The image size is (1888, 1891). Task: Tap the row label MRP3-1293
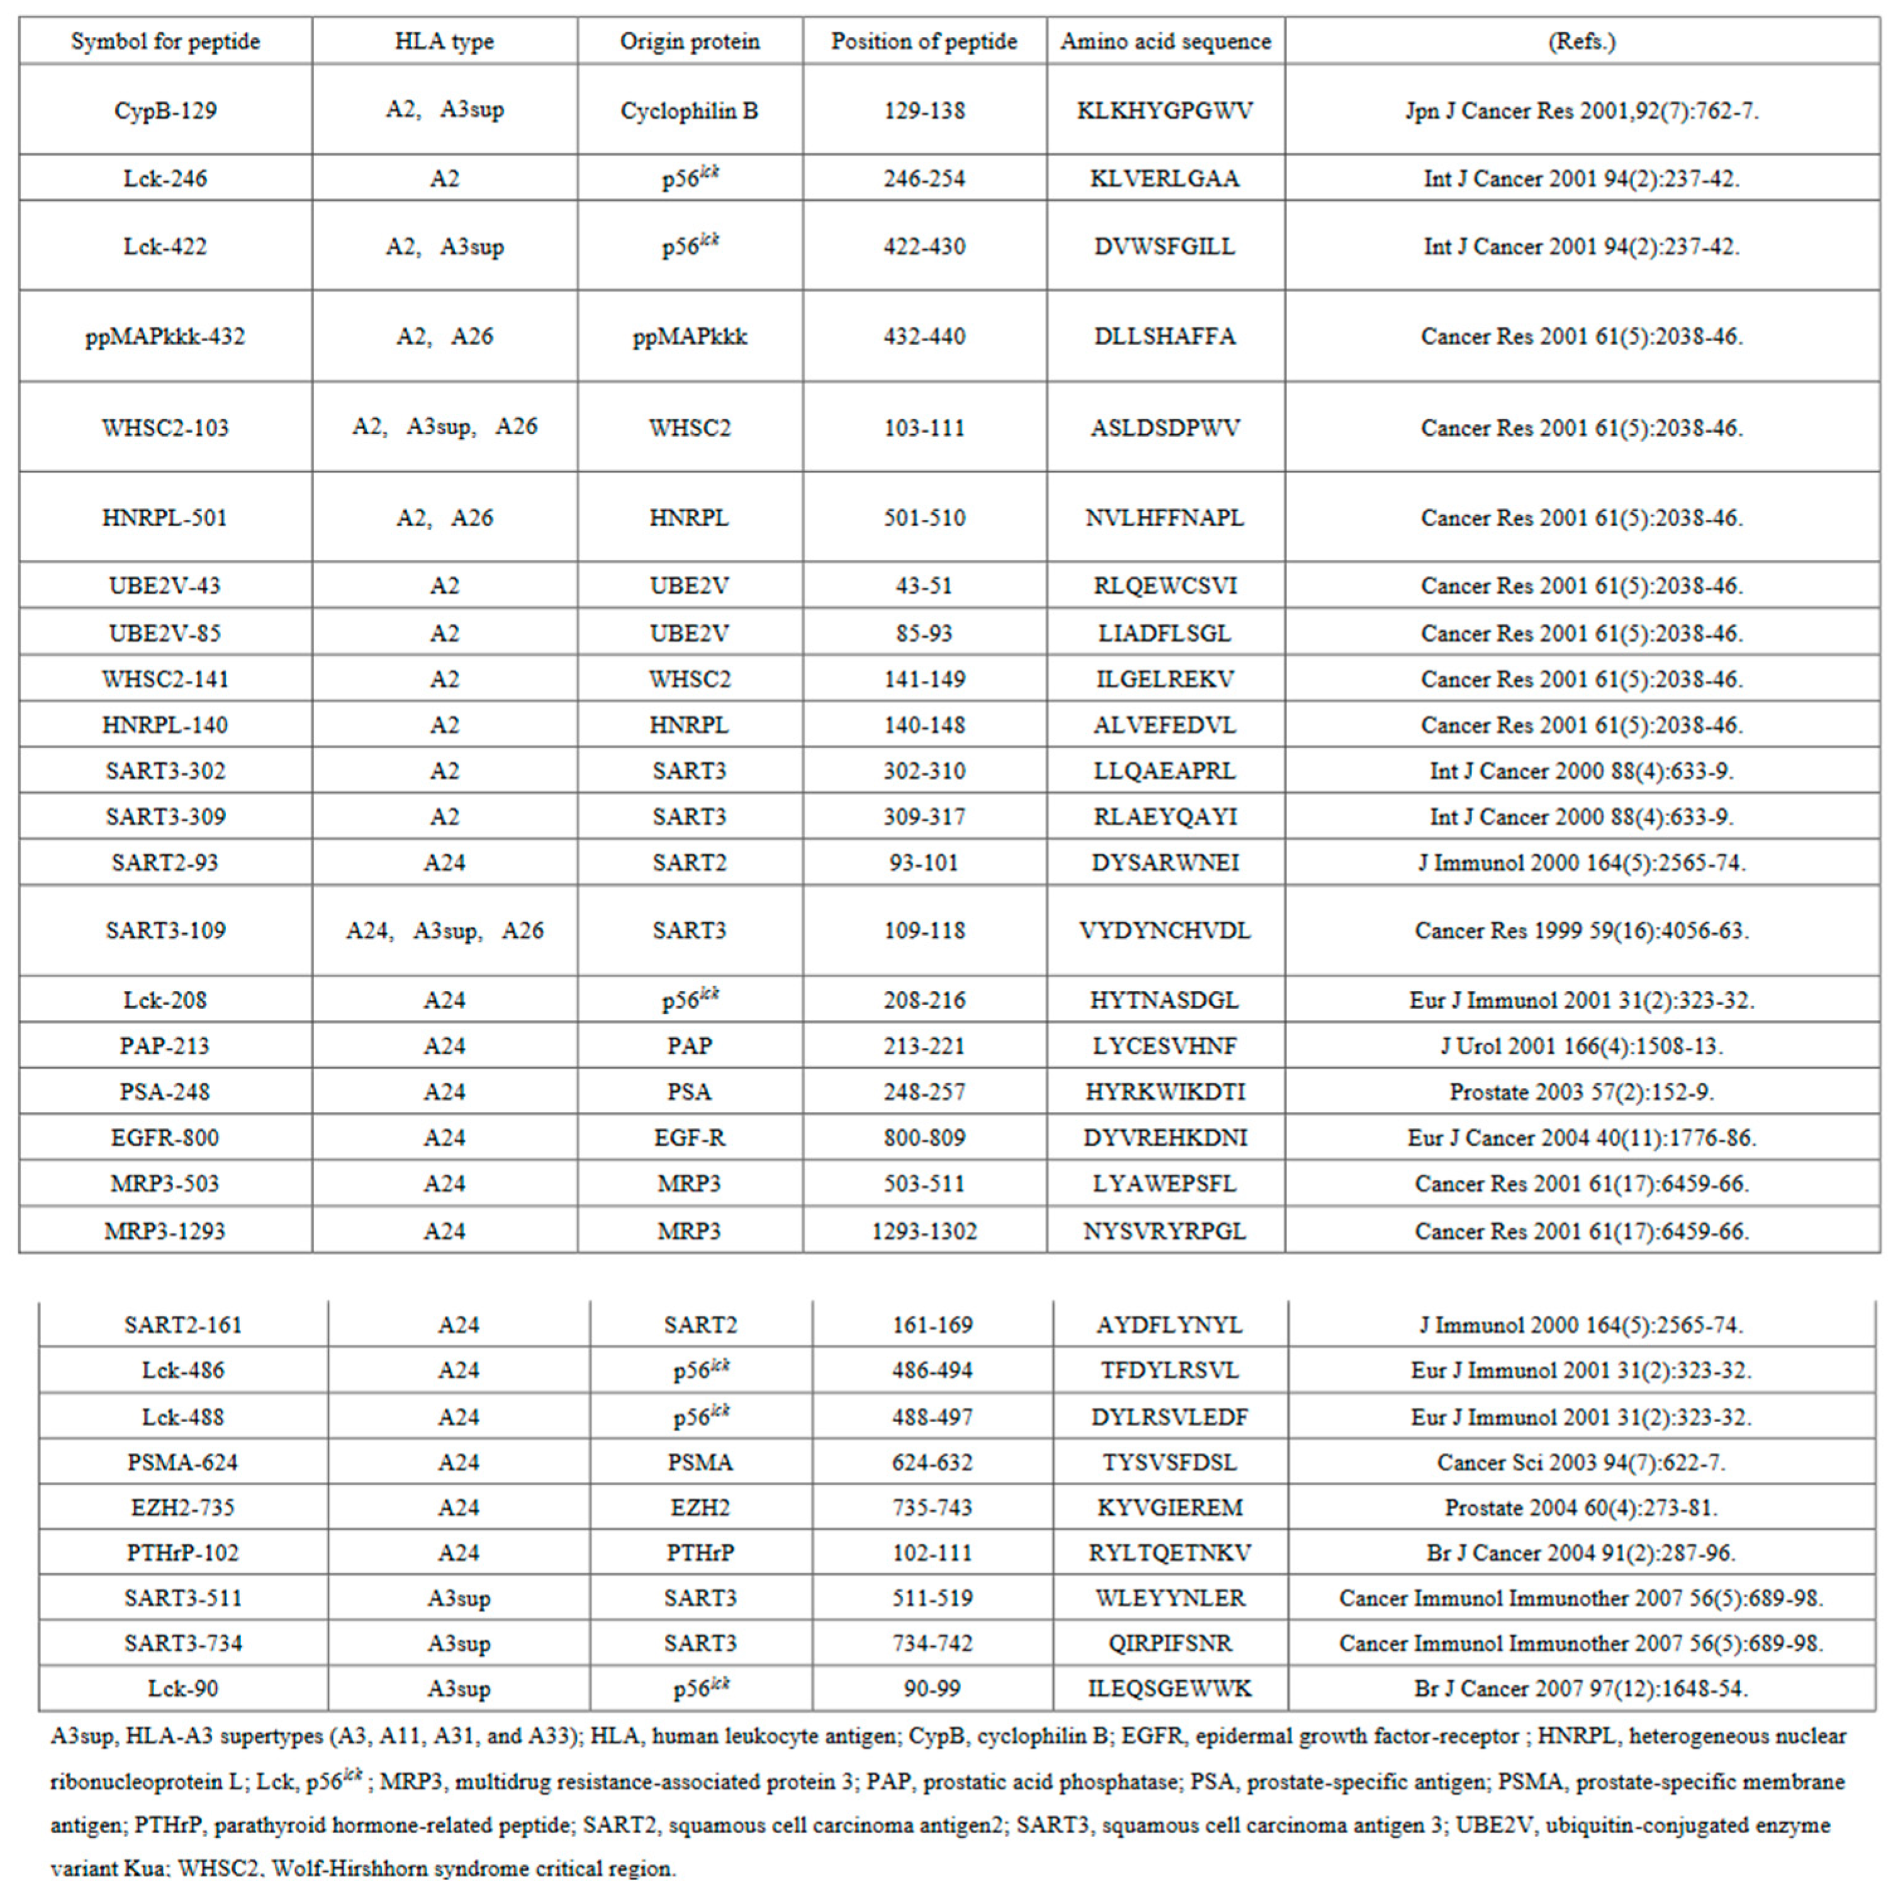pyautogui.click(x=165, y=1230)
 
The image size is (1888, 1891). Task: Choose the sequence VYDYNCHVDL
pyautogui.click(x=1165, y=930)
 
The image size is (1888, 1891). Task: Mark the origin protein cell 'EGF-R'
pyautogui.click(x=689, y=1137)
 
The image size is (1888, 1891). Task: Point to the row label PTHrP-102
pyautogui.click(x=183, y=1552)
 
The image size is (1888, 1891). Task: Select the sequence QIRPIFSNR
pyautogui.click(x=1170, y=1643)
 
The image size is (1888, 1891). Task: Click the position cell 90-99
pyautogui.click(x=932, y=1688)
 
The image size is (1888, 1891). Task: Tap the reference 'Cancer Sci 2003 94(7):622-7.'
pyautogui.click(x=1582, y=1462)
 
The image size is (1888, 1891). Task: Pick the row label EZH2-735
pyautogui.click(x=183, y=1507)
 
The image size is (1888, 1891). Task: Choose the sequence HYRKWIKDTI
pyautogui.click(x=1165, y=1091)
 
